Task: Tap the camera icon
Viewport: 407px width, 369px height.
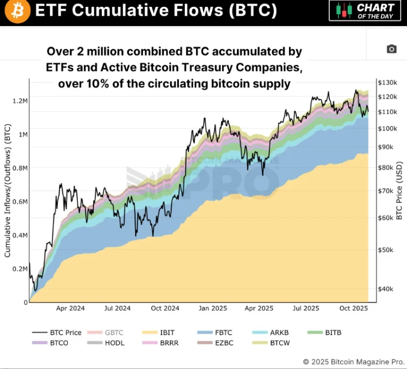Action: (391, 49)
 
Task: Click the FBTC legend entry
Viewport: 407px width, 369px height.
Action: (222, 332)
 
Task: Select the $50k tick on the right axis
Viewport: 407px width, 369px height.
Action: (387, 250)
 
